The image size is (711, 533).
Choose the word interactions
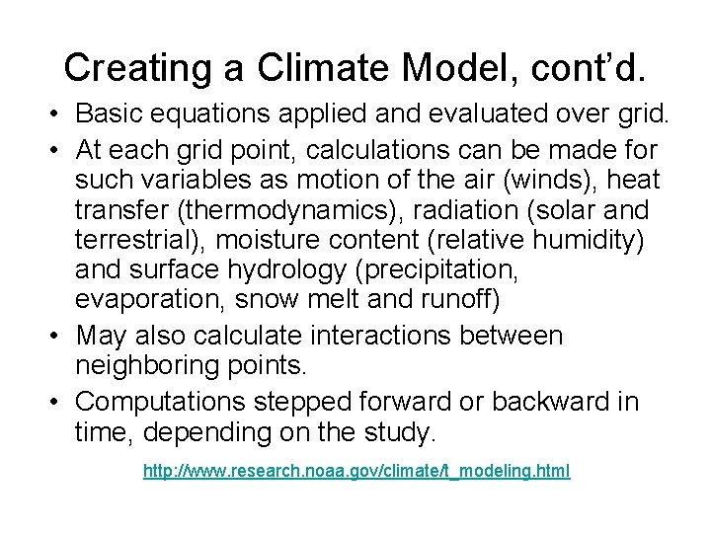coord(395,335)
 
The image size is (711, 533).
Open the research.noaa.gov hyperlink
coord(356,473)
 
